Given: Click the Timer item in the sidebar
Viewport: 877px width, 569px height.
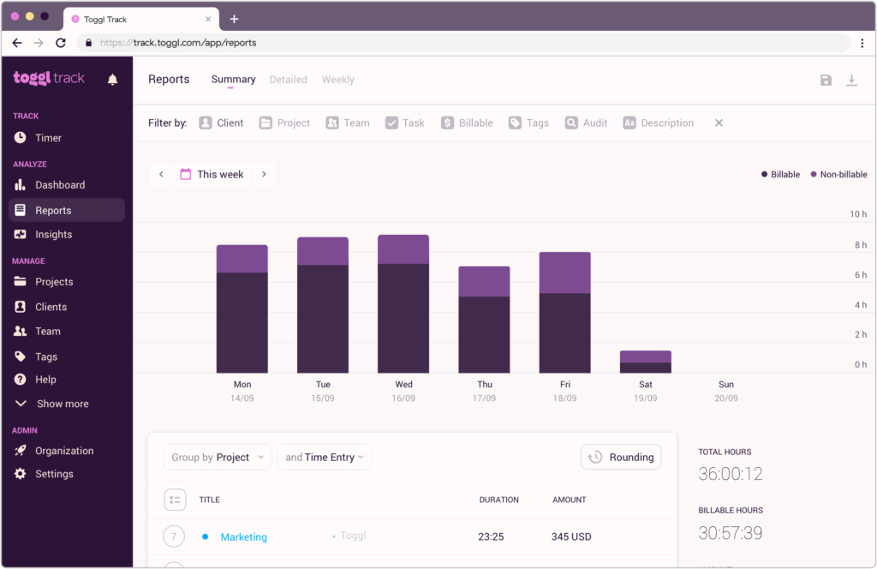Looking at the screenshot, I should point(48,138).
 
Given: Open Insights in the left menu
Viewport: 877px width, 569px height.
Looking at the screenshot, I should point(53,235).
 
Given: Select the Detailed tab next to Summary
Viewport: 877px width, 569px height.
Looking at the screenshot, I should point(288,80).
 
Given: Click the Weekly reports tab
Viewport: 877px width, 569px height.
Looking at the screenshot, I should point(337,80).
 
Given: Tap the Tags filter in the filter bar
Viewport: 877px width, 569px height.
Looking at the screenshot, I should point(528,123).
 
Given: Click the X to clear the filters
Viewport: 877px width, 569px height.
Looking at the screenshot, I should point(719,123).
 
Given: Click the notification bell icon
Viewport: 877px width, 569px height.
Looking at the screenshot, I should point(112,80).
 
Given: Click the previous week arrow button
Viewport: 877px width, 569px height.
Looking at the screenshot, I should point(161,174).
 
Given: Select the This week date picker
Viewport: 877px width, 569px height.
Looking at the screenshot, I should point(212,174).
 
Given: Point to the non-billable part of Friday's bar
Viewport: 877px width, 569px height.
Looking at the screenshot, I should point(564,273).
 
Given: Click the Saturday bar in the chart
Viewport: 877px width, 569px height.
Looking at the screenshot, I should point(645,362).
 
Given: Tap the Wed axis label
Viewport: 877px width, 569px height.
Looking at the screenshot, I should point(403,385).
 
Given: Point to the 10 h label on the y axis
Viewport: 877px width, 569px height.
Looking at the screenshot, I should point(857,214).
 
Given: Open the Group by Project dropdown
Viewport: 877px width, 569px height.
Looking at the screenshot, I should point(218,458).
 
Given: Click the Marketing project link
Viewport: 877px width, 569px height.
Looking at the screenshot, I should point(243,537).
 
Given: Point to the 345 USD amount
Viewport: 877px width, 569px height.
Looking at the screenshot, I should point(571,537).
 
